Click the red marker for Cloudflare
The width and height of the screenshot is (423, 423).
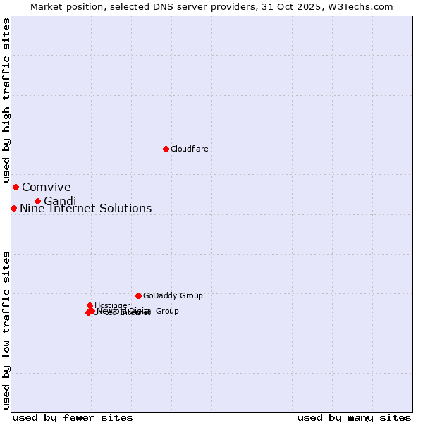166,149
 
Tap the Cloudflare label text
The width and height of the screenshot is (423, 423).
189,149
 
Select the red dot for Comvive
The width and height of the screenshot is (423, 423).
16,187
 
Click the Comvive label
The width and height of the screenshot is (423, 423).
47,187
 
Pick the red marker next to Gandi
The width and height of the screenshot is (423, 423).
37,201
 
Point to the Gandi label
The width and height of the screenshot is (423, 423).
60,202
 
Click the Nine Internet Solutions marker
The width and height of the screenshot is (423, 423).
13,208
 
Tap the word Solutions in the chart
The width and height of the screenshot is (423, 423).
125,208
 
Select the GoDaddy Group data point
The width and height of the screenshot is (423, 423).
138,295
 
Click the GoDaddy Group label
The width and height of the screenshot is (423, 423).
173,295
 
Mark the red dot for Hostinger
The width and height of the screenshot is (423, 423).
90,305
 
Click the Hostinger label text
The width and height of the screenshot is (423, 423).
112,305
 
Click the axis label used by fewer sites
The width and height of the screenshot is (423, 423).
73,417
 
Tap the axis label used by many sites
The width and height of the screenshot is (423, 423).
354,417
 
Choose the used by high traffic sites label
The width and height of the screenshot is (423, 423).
6,100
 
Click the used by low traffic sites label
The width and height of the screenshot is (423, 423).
6,329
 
